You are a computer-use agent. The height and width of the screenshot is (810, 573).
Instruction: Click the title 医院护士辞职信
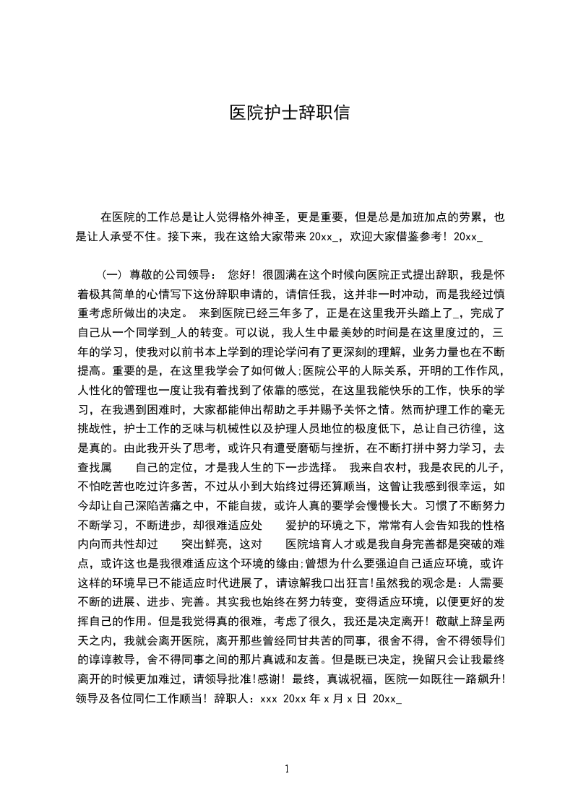point(289,113)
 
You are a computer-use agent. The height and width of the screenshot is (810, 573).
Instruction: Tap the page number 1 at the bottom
point(288,768)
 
